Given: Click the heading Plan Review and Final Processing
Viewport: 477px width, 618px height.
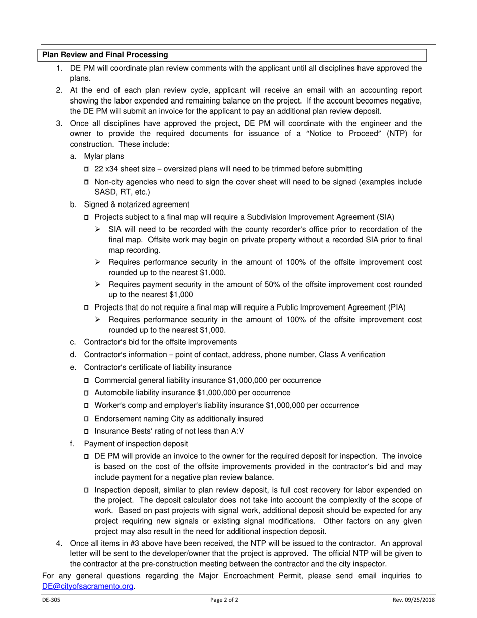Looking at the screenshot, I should (104, 55).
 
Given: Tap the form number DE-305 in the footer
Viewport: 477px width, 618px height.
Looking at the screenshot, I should (51, 600).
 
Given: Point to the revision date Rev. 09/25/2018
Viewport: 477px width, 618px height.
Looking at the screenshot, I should (414, 600).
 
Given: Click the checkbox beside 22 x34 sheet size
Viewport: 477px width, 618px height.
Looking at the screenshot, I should (87, 169).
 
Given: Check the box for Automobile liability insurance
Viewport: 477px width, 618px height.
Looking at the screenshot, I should (87, 393).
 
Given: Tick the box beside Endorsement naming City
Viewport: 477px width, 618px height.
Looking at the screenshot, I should (87, 419).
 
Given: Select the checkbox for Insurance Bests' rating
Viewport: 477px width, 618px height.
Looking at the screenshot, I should (87, 431).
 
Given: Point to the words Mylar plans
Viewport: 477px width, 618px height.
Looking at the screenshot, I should (104, 156).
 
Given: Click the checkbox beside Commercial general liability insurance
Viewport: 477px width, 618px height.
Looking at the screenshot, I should (87, 381).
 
